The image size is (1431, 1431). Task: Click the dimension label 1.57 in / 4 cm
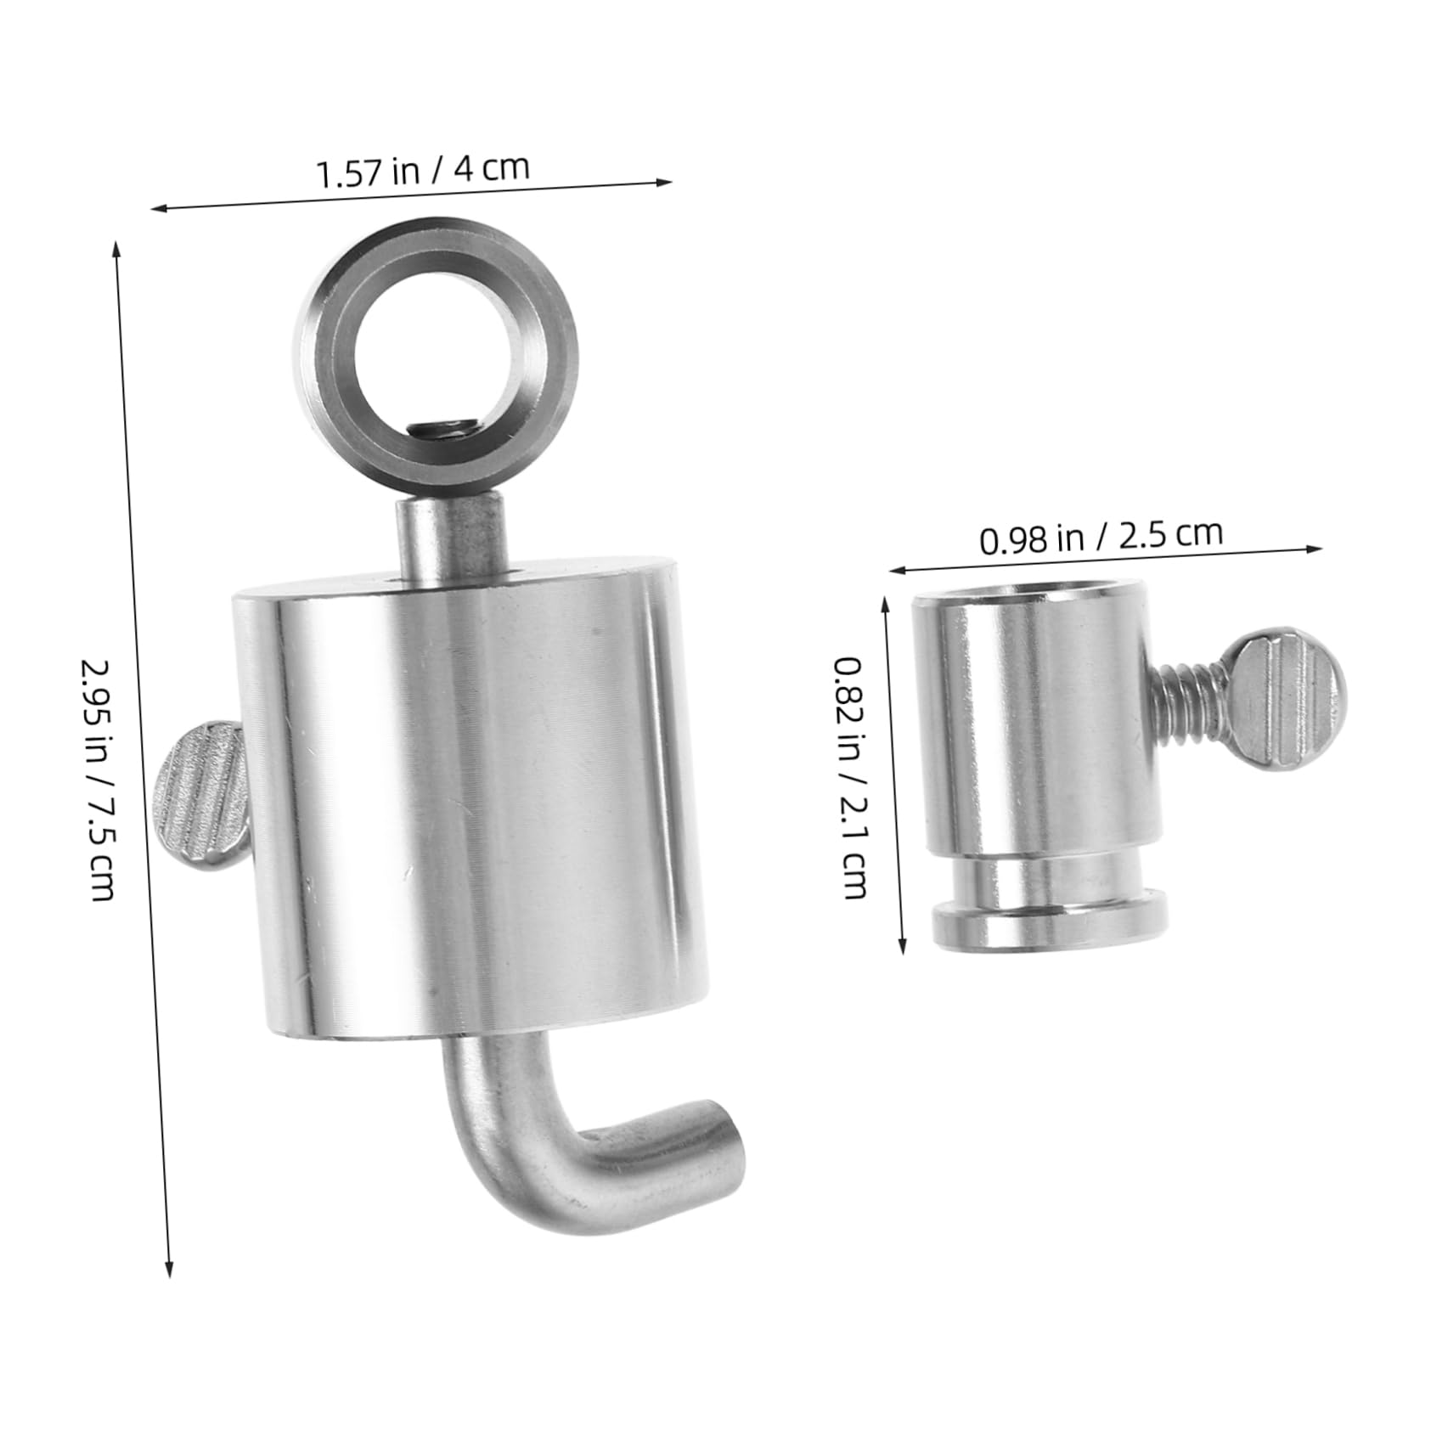(422, 170)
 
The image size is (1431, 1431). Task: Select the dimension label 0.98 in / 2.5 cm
(1101, 536)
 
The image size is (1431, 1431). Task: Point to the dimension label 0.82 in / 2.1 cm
(852, 777)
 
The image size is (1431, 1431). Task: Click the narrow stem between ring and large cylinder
(452, 539)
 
